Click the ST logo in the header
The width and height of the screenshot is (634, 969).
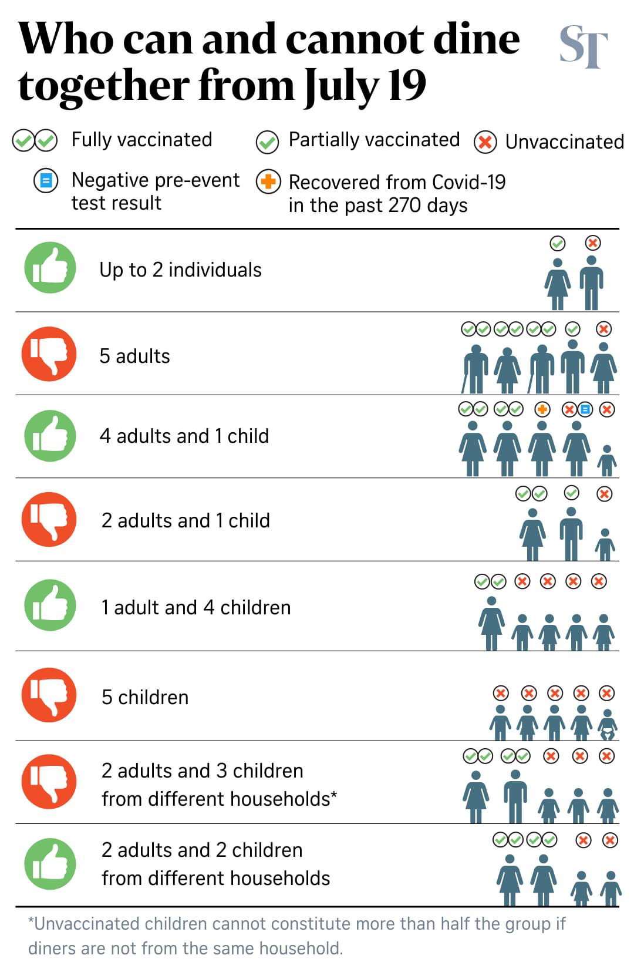coord(582,46)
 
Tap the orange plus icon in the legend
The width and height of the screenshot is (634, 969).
coord(268,182)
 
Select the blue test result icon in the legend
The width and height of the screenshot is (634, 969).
coord(46,180)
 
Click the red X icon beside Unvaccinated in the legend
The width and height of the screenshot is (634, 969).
coord(485,142)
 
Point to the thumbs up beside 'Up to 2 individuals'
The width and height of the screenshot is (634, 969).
coord(50,268)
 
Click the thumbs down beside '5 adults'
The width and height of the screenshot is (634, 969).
coord(49,354)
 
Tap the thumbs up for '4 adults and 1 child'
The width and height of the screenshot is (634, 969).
coord(50,436)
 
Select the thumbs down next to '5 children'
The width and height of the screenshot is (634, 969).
coord(49,695)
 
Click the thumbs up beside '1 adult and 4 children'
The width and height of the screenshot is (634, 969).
coord(50,605)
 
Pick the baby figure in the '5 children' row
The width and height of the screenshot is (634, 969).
coord(608,724)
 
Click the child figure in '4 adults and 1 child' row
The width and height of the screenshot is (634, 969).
coord(607,460)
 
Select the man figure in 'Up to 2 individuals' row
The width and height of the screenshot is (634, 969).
coord(592,282)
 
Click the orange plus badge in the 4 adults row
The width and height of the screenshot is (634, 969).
coord(542,409)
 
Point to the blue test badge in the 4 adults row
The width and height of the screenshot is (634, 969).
coord(585,409)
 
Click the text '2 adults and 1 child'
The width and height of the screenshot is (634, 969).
coord(186,520)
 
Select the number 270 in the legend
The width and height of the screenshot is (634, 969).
coord(404,206)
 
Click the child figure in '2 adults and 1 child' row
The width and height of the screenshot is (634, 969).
coord(605,544)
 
